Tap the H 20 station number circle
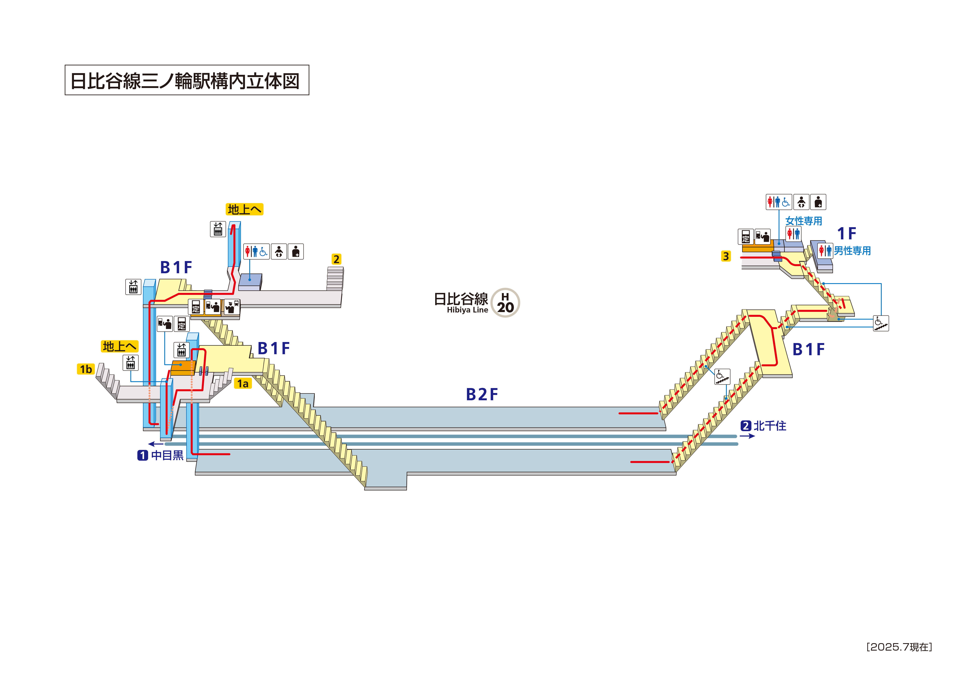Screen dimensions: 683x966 click(505, 303)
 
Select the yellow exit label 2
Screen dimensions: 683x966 click(336, 259)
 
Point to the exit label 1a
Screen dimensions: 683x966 click(243, 383)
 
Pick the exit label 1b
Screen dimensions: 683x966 click(86, 369)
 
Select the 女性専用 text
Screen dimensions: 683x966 click(804, 221)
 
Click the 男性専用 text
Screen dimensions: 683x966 click(852, 251)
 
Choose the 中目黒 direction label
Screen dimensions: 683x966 click(167, 455)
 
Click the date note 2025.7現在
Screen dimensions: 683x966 click(899, 647)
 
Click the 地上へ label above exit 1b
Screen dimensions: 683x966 click(120, 346)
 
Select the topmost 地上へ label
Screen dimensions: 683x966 click(245, 209)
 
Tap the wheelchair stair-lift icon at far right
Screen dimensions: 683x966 click(880, 323)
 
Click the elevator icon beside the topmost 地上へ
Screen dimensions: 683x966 click(218, 229)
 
